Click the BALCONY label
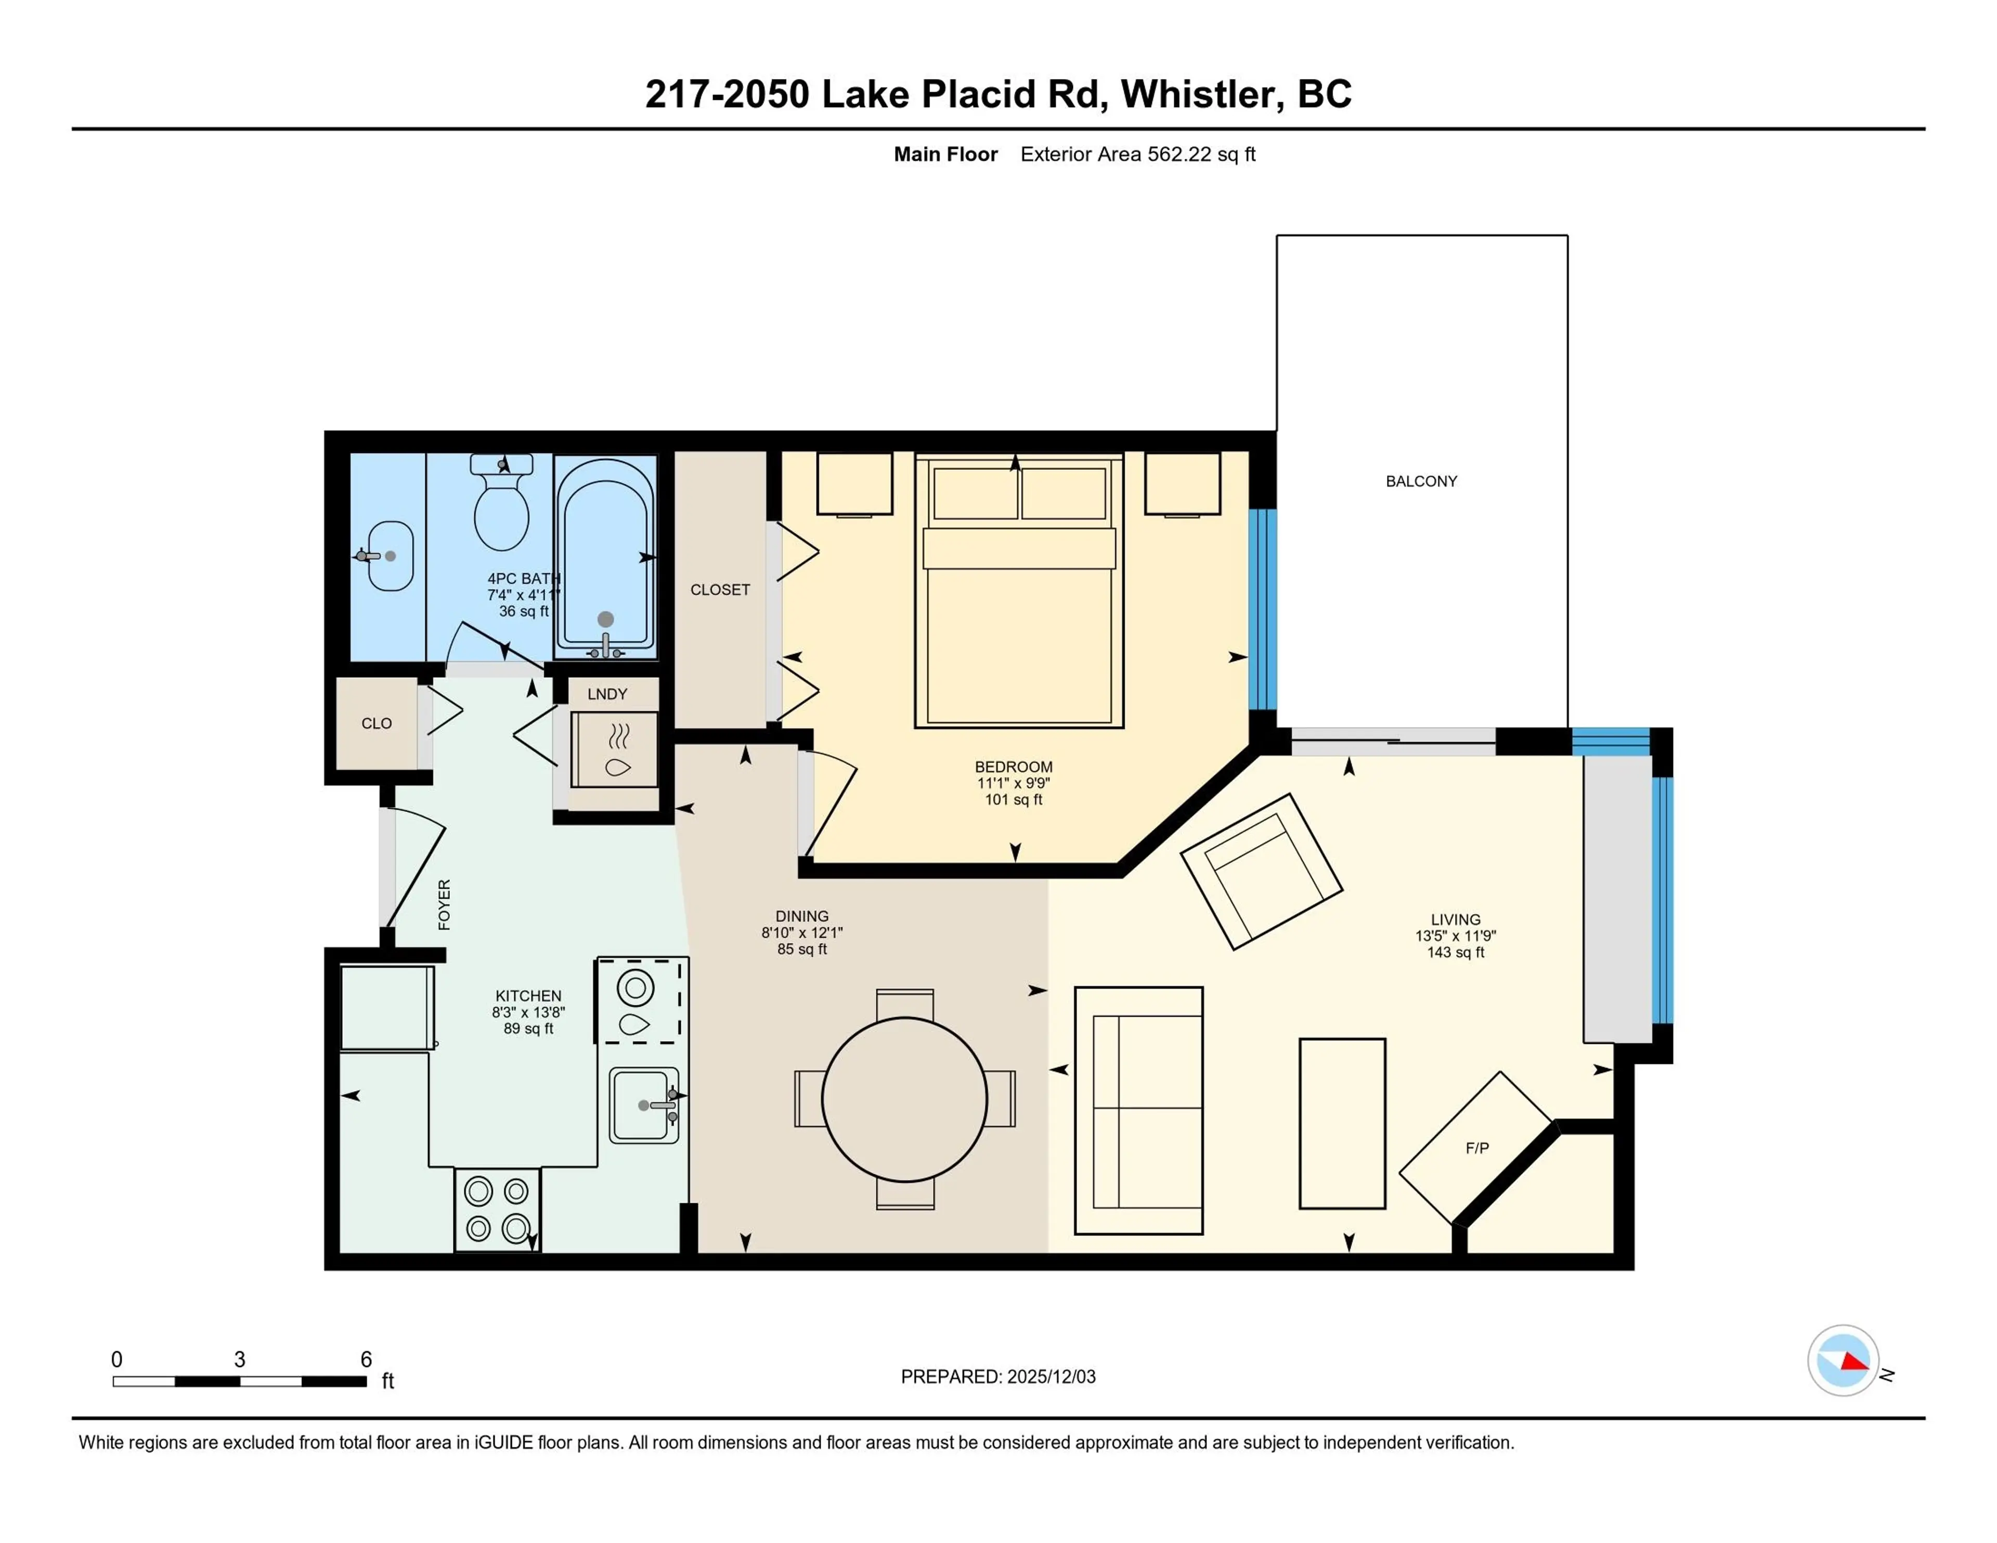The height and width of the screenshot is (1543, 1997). click(x=1421, y=481)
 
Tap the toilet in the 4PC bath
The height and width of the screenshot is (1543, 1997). click(x=501, y=508)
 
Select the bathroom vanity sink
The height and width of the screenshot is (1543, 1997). click(x=391, y=555)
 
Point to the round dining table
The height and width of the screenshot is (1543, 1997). click(x=904, y=1098)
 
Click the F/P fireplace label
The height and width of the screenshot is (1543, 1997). click(x=1477, y=1148)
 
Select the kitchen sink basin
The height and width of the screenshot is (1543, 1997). click(x=641, y=1105)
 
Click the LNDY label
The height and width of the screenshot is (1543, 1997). click(x=607, y=694)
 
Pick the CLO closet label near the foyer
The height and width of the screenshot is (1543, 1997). click(x=376, y=723)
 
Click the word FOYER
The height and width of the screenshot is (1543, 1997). click(x=445, y=904)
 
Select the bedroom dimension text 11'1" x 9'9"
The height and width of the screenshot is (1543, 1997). click(x=1013, y=783)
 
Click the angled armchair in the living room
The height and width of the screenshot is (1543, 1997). click(x=1262, y=871)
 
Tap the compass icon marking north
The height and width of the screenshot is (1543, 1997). click(x=1843, y=1360)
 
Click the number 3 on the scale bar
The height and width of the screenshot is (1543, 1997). click(x=240, y=1359)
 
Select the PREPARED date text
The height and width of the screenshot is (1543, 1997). click(x=997, y=1377)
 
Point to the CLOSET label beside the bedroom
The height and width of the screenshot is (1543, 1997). click(x=720, y=590)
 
